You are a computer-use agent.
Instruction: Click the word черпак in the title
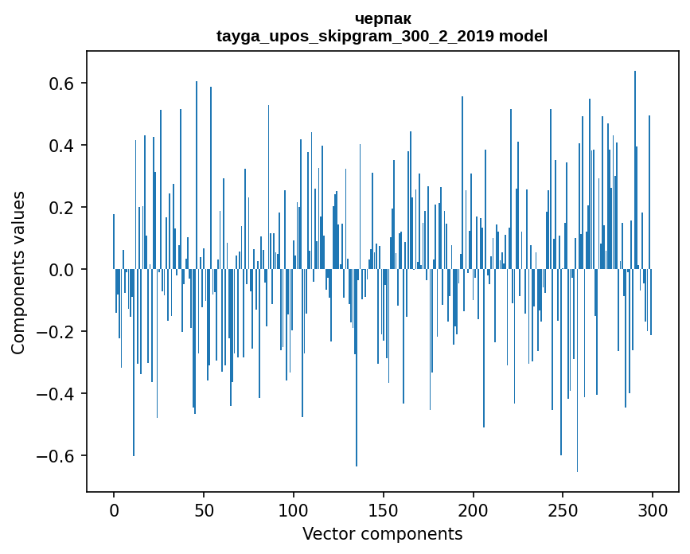point(382,18)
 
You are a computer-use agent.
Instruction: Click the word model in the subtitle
point(523,36)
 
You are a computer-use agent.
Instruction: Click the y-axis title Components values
point(18,272)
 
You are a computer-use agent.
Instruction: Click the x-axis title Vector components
point(382,533)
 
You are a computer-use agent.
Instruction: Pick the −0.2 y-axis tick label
point(55,332)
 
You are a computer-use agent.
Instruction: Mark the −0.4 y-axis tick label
point(55,394)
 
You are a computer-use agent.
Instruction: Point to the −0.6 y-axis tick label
point(55,456)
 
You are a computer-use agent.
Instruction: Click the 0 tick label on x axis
point(114,509)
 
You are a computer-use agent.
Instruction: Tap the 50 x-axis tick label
point(204,509)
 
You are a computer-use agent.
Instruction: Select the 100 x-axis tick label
point(294,509)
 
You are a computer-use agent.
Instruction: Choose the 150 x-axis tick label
point(383,509)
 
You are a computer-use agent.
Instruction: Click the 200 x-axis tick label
point(473,509)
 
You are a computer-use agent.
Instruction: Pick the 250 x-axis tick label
point(563,509)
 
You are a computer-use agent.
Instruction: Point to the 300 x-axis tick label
point(653,509)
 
